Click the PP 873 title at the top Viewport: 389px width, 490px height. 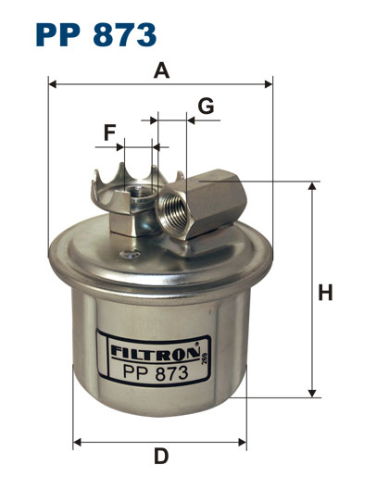click(96, 34)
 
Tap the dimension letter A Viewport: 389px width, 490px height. click(161, 70)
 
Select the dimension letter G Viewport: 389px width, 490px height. click(206, 106)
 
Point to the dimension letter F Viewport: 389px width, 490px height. click(109, 132)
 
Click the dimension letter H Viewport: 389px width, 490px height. click(325, 293)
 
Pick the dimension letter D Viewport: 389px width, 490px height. click(161, 457)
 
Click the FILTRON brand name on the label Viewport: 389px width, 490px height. click(155, 352)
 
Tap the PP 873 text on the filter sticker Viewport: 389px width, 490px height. click(156, 372)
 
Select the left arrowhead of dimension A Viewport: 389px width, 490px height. click(53, 84)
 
